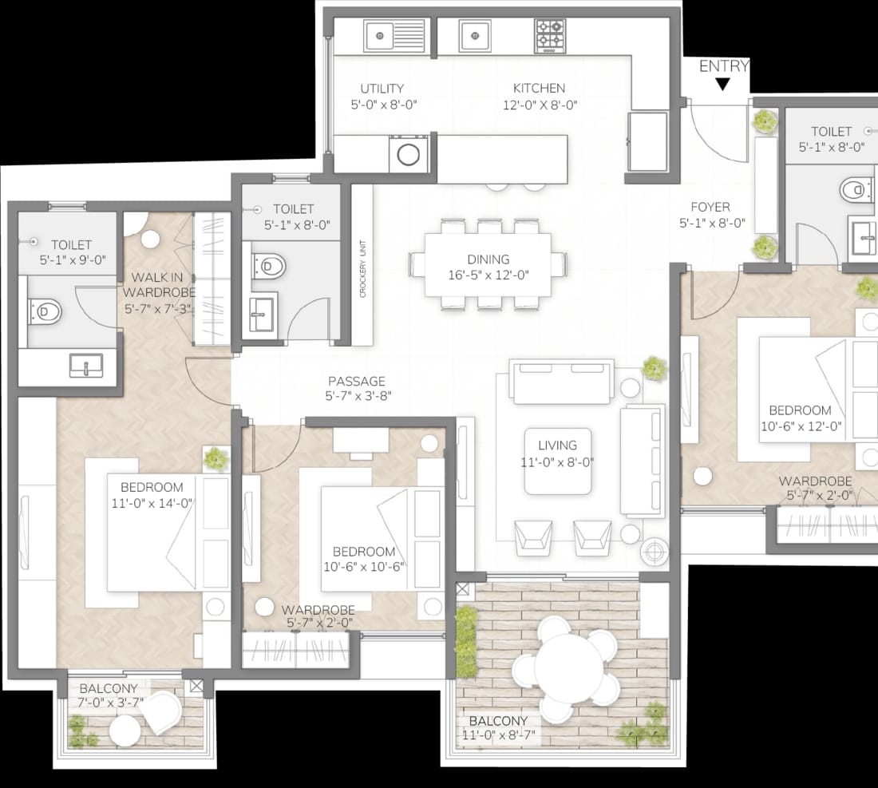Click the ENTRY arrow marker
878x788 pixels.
tap(723, 84)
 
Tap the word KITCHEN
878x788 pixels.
tap(540, 88)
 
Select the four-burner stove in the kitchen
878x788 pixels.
tap(550, 37)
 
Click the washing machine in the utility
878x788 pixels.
tap(408, 154)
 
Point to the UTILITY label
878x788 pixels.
tap(382, 89)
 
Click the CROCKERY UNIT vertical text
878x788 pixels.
tap(362, 268)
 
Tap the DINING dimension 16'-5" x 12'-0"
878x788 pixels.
tap(488, 275)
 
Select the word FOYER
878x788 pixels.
tap(710, 207)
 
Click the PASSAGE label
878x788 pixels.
tap(357, 381)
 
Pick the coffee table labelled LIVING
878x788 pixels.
tap(558, 461)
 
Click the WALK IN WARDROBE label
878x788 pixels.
tap(159, 284)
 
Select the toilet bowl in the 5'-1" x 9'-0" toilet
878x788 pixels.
tap(46, 311)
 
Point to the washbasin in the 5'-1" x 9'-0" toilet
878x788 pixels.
tap(86, 365)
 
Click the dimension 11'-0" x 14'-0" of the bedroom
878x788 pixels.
tap(152, 503)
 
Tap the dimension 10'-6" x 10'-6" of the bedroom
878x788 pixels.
tap(364, 566)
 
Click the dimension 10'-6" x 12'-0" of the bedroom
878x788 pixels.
tap(801, 426)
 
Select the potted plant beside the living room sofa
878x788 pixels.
tap(654, 369)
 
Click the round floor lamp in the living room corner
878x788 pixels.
tap(654, 552)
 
